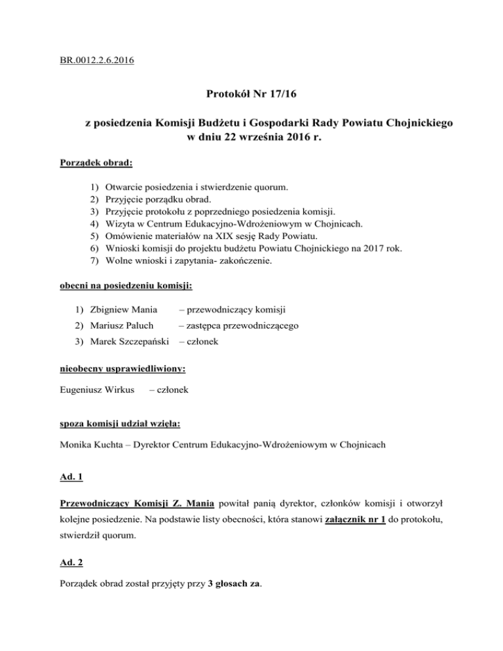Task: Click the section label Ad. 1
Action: pos(67,478)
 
